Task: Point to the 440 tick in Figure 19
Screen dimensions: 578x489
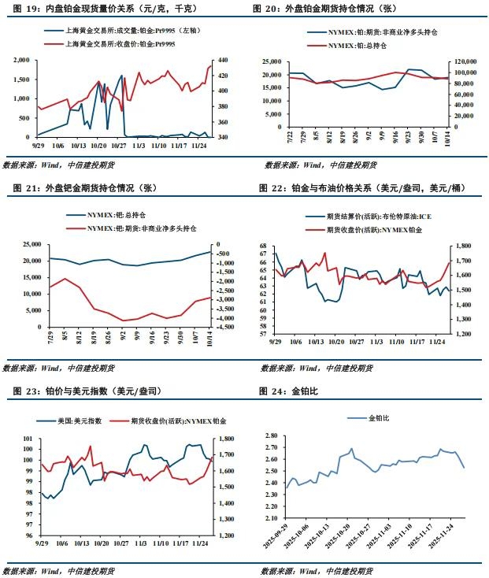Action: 224,61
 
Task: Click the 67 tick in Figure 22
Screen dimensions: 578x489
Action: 265,246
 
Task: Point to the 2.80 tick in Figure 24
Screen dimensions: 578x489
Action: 272,435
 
